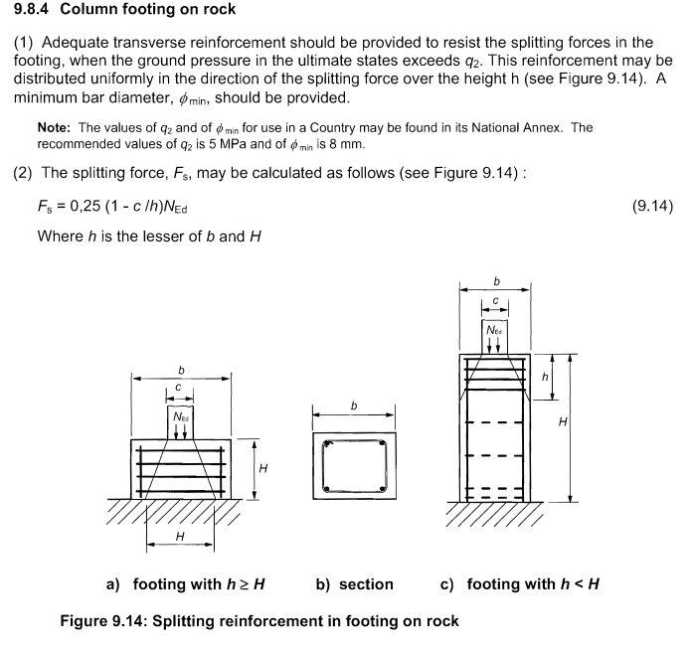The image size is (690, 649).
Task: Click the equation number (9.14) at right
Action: pyautogui.click(x=652, y=207)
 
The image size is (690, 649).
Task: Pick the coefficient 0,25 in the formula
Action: pyautogui.click(x=90, y=207)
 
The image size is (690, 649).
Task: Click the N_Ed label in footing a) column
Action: pyautogui.click(x=180, y=416)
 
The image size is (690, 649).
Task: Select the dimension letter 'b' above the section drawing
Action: pyautogui.click(x=354, y=405)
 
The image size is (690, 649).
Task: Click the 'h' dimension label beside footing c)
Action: pyautogui.click(x=545, y=377)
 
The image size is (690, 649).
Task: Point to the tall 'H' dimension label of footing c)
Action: pyautogui.click(x=563, y=423)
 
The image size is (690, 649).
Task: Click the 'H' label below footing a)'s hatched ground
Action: pyautogui.click(x=179, y=537)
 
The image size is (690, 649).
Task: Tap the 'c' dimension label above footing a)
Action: pyautogui.click(x=179, y=387)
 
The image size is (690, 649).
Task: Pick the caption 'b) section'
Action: pyautogui.click(x=354, y=584)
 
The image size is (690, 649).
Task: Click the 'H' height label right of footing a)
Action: pyautogui.click(x=262, y=468)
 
